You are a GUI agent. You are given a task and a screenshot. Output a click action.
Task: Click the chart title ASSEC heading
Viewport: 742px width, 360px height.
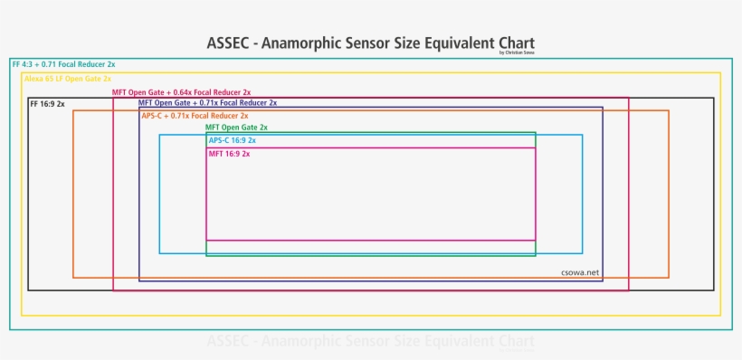pos(370,43)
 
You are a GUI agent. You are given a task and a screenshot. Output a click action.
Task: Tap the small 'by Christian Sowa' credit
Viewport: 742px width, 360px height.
pos(516,52)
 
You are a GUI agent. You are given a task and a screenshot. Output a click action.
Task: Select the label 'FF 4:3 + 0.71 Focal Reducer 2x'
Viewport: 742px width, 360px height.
pos(63,65)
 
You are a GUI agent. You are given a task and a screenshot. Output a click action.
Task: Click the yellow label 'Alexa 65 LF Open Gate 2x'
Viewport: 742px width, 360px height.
pos(68,80)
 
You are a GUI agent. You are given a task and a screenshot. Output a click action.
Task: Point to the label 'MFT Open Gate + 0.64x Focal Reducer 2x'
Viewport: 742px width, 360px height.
pos(181,92)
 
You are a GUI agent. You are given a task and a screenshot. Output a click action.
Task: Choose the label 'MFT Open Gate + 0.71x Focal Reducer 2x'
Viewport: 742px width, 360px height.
pos(208,103)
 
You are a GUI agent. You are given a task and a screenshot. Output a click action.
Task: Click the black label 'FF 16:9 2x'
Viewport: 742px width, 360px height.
pos(48,104)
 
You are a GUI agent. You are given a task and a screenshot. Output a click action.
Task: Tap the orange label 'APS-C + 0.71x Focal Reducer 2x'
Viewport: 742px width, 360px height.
pos(195,116)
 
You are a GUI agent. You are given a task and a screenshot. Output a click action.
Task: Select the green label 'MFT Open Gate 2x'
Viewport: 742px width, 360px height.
pos(236,128)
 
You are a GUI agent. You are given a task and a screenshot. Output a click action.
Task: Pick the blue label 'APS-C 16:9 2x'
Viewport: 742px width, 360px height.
pos(233,140)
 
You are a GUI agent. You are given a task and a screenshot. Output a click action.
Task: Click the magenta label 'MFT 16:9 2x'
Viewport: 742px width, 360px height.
pos(229,154)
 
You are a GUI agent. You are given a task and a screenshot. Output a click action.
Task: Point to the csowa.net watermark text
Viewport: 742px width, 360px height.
pos(580,271)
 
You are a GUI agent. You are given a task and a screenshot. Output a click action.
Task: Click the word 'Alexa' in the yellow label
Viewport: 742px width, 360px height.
pos(34,80)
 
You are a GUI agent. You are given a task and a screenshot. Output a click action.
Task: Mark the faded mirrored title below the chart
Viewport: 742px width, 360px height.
pos(370,342)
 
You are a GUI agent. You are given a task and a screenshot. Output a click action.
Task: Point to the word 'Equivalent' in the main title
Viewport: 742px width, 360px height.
pos(449,43)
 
